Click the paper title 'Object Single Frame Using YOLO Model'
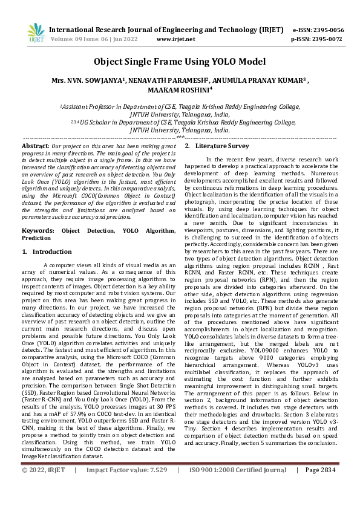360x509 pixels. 180,62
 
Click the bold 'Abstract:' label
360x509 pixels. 35,146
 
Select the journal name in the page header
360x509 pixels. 166,29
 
